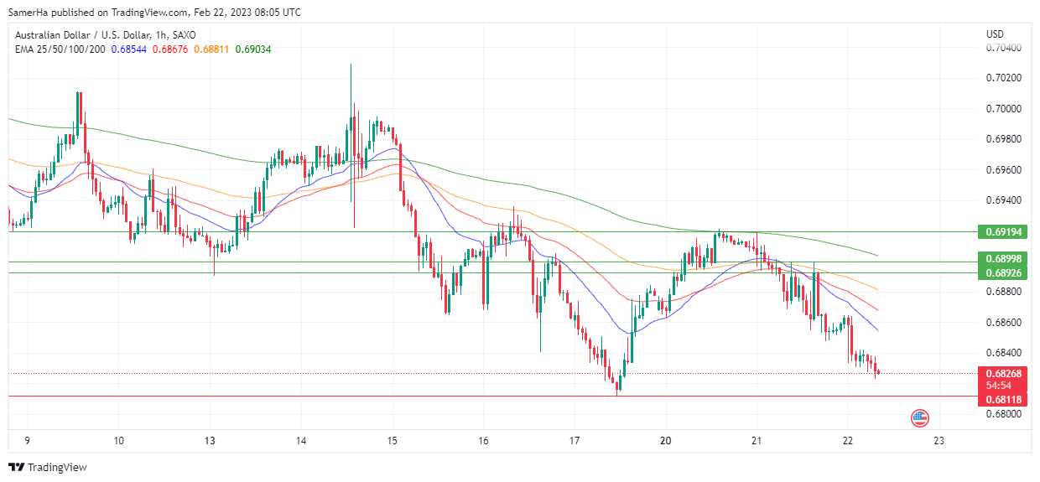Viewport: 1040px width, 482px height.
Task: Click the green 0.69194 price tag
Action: [x=1002, y=231]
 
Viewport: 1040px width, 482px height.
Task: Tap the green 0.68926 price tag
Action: [x=1002, y=273]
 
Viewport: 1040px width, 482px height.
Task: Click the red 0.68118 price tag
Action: [x=1002, y=400]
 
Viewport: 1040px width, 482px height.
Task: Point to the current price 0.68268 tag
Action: [x=1002, y=374]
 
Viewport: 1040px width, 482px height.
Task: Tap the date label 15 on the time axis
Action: [x=393, y=440]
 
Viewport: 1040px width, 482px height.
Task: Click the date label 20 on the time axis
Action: [x=666, y=440]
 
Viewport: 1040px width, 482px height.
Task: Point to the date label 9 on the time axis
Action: [x=28, y=440]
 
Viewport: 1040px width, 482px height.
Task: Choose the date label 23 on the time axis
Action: [x=939, y=440]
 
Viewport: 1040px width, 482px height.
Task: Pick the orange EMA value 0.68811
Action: [x=211, y=49]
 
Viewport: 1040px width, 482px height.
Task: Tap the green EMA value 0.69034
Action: [x=252, y=49]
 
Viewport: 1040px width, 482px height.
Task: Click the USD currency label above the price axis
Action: [x=995, y=34]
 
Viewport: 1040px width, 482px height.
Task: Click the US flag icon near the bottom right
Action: [x=920, y=417]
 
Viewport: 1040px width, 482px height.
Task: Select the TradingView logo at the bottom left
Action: [x=48, y=467]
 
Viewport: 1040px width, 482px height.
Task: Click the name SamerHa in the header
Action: [x=29, y=13]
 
